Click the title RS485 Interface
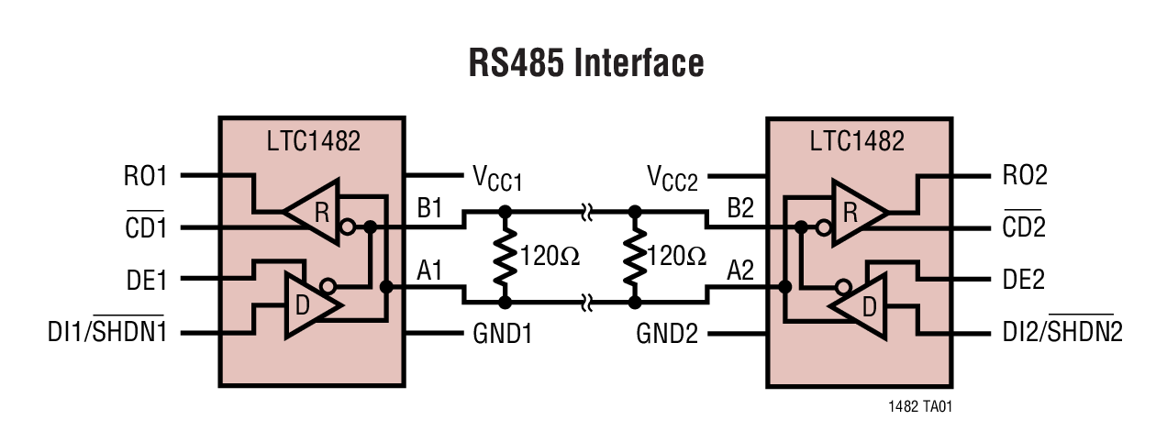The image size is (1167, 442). click(586, 63)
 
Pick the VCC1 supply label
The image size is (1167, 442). click(496, 177)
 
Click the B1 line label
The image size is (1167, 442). click(429, 208)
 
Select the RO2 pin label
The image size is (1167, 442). click(1018, 174)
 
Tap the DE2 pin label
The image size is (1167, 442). click(1018, 279)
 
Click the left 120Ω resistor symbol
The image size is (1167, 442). click(503, 256)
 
